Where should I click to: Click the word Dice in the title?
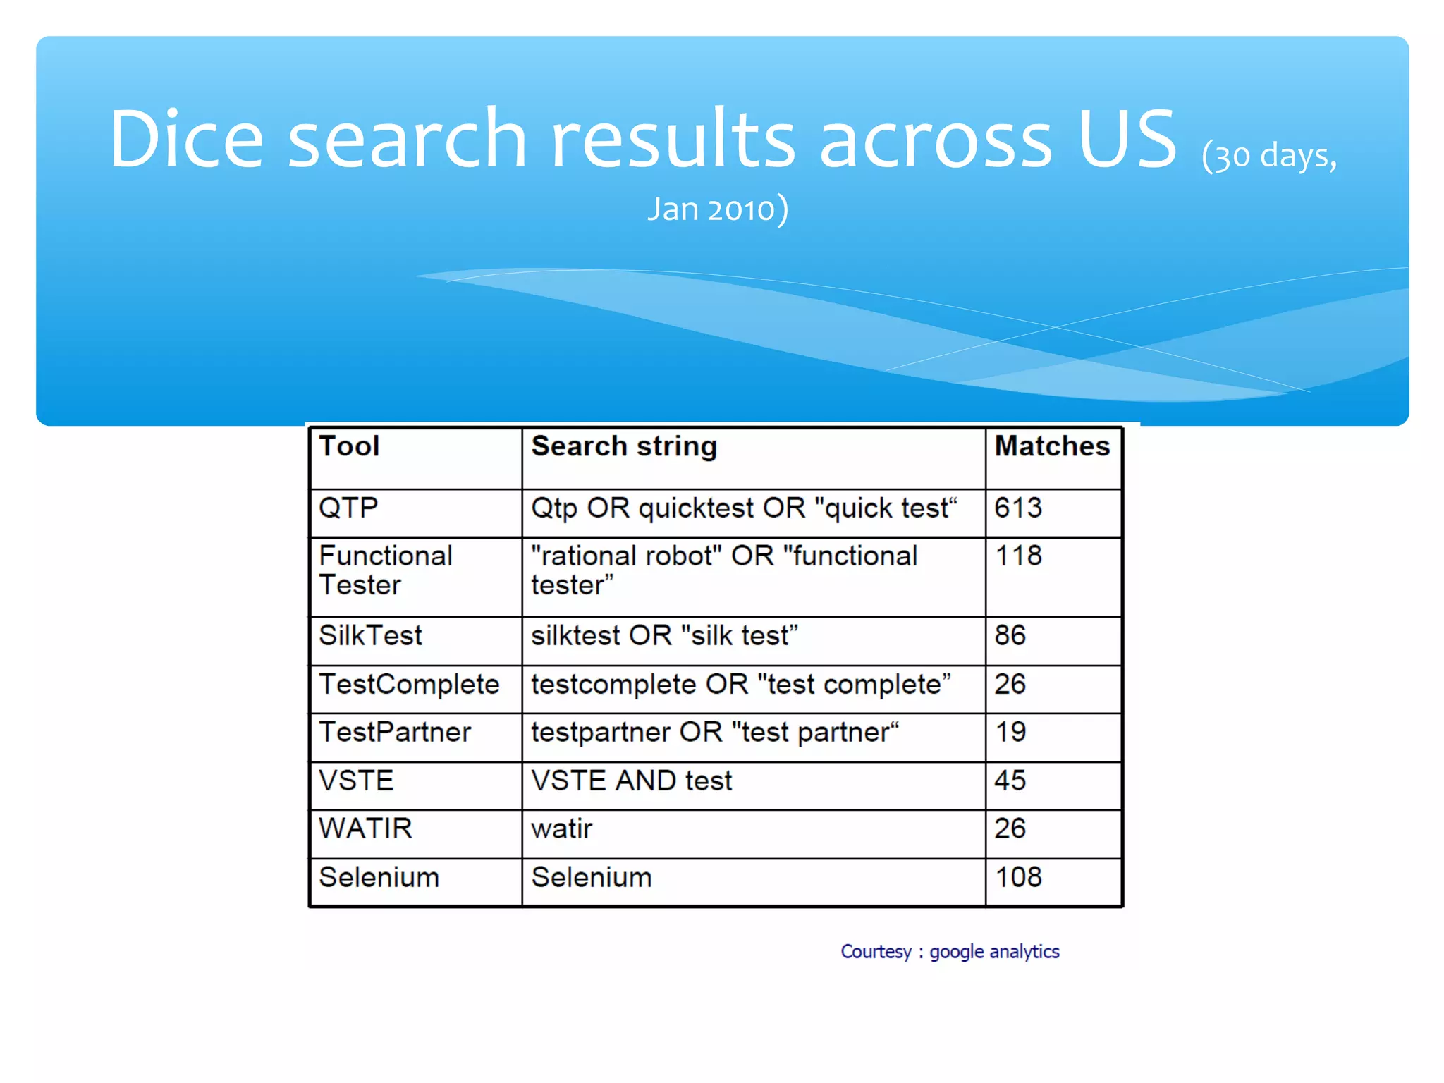(186, 139)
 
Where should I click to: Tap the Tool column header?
(349, 446)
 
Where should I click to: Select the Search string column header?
(624, 446)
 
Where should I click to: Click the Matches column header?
(1052, 446)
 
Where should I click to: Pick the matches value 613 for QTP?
(1018, 508)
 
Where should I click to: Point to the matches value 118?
(1018, 556)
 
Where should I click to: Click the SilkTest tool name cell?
(370, 636)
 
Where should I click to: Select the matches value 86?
(1010, 636)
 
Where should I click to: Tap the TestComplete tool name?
(409, 685)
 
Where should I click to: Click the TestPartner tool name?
(395, 733)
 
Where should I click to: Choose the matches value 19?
(1010, 733)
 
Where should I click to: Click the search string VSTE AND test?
(632, 781)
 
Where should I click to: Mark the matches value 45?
(1010, 781)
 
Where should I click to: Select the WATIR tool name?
(365, 829)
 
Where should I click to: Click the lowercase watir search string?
(561, 829)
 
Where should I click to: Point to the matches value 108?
(1018, 878)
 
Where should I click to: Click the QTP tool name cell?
(348, 508)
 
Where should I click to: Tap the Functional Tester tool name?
(385, 570)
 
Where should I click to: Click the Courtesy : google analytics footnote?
(950, 952)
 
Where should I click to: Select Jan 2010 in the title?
(712, 209)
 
